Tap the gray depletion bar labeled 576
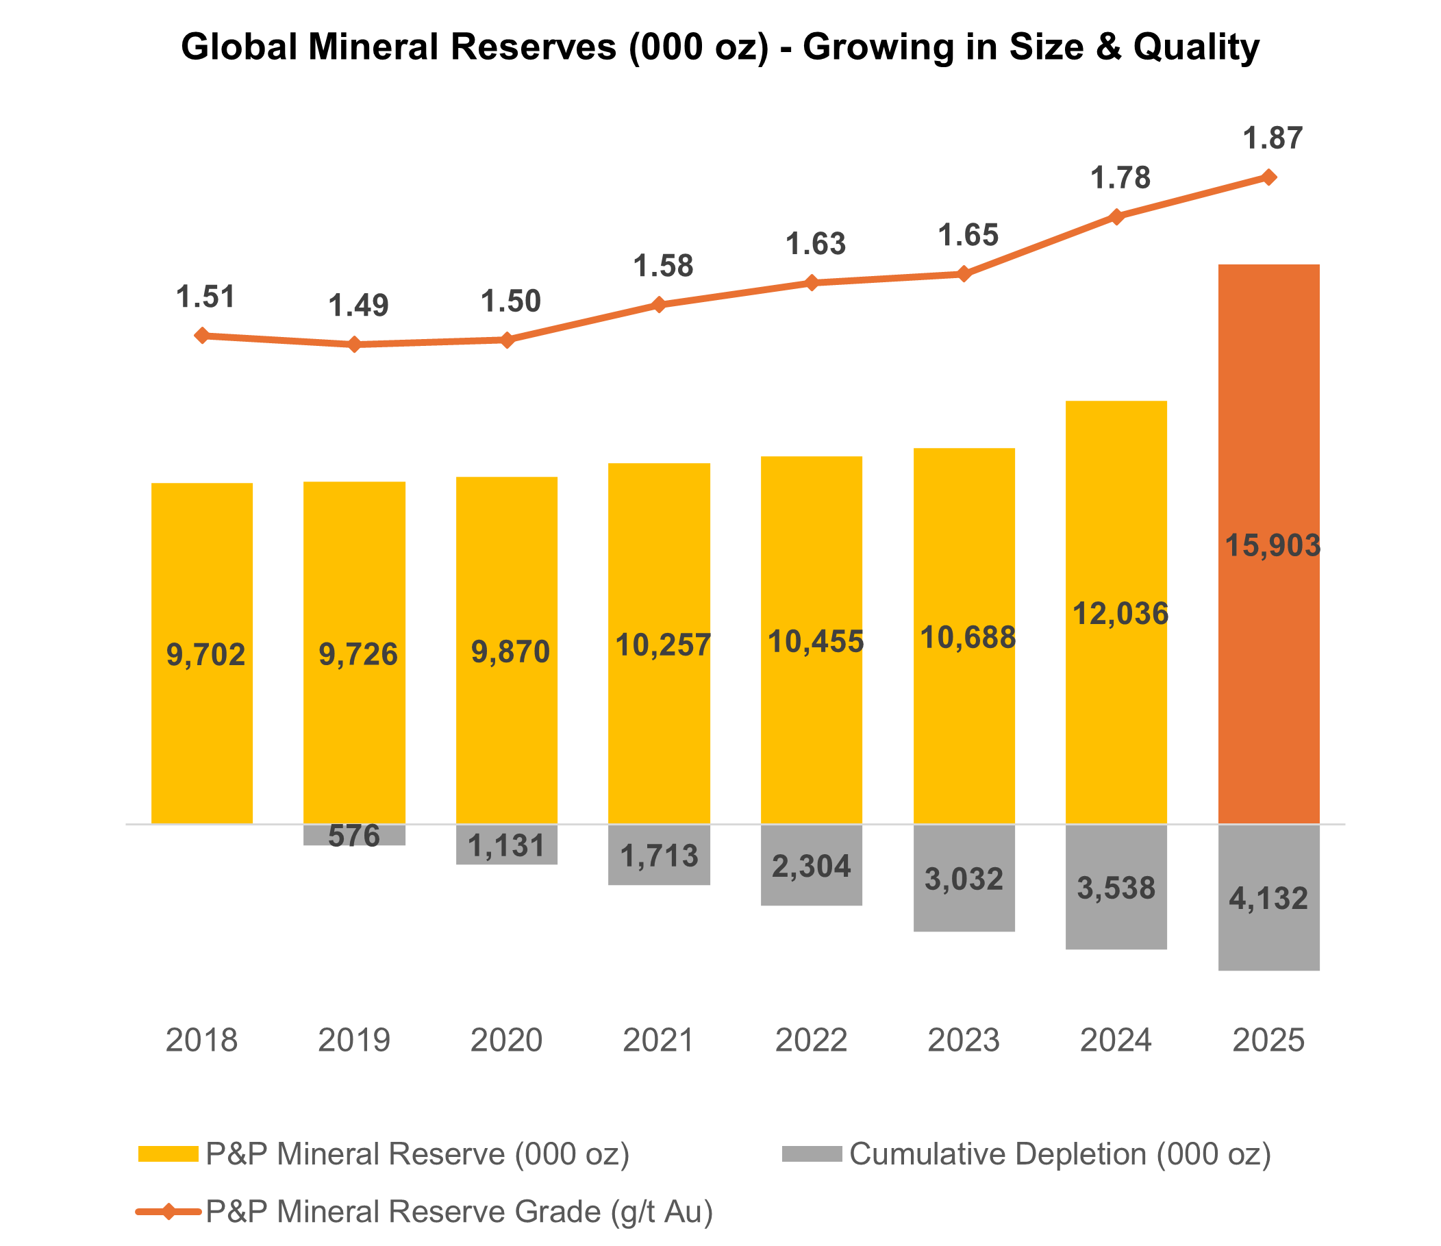point(354,835)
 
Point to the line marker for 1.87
point(1268,177)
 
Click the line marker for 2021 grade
point(659,305)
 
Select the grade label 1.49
point(358,306)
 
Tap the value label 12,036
point(1120,614)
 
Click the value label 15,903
point(1271,545)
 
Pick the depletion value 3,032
point(963,880)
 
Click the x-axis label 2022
point(811,1041)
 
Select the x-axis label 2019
point(354,1041)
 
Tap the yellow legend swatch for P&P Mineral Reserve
point(168,1154)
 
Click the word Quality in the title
point(1196,47)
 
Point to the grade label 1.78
point(1120,179)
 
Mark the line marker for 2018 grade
point(201,336)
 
